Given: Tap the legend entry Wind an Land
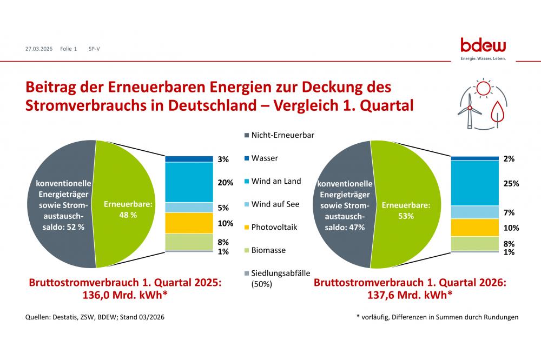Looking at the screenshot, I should [x=276, y=181].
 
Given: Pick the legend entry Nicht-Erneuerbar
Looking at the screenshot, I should [x=282, y=135].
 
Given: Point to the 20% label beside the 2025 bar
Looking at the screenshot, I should [x=226, y=183].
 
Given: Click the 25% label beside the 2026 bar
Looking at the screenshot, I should [x=511, y=183].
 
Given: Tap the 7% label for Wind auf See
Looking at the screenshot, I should [x=509, y=212].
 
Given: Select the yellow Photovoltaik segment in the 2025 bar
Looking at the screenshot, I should [x=189, y=223].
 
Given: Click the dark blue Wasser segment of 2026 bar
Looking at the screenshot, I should [x=474, y=158].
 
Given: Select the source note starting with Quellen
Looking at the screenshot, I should [x=95, y=317].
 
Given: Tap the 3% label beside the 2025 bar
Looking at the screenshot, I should [x=223, y=159].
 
